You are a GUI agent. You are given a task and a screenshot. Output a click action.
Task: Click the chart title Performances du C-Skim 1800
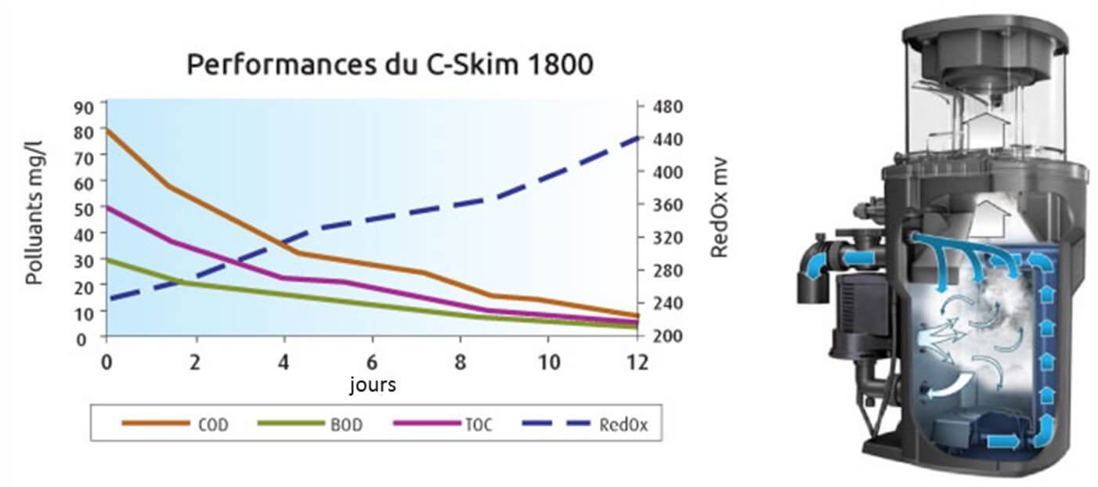[x=389, y=64]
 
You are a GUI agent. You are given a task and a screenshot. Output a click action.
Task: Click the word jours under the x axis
[x=372, y=385]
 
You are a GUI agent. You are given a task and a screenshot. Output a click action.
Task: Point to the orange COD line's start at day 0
[x=107, y=131]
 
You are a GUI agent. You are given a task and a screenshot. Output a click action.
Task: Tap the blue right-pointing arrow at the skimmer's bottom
[x=1005, y=442]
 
